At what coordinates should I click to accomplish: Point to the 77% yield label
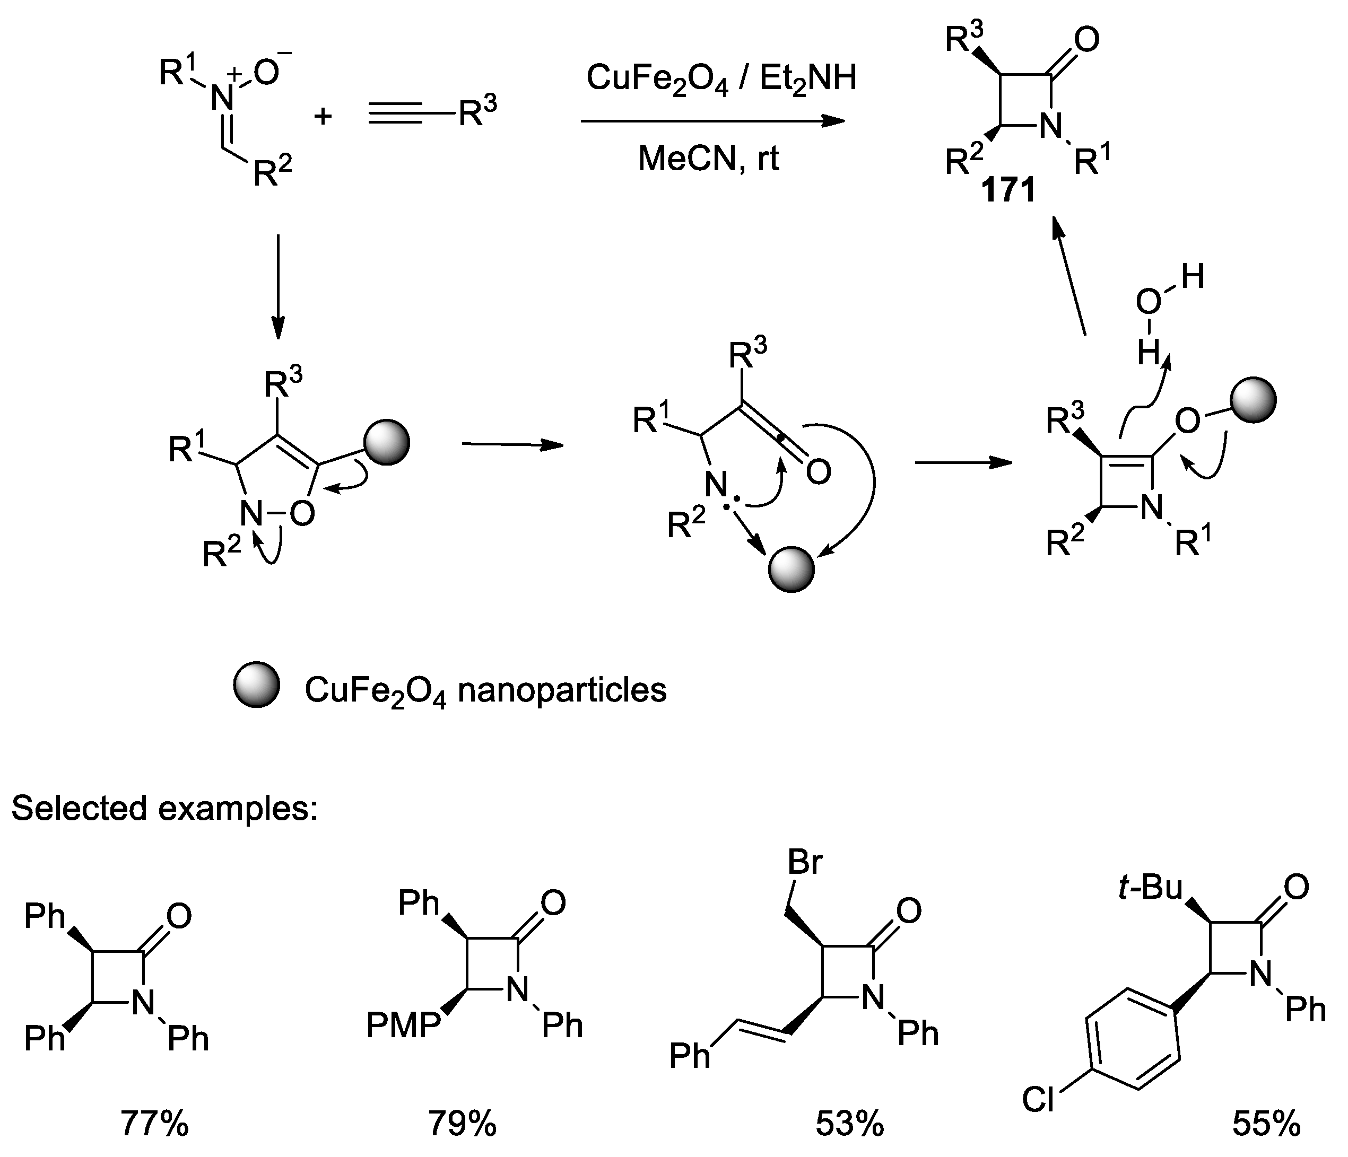click(x=154, y=1123)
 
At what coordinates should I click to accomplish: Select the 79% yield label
click(x=462, y=1123)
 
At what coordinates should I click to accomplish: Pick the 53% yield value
click(x=850, y=1123)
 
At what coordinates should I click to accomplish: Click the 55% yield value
click(x=1266, y=1123)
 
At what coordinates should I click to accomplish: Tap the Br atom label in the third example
click(x=805, y=862)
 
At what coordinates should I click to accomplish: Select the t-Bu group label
click(x=1150, y=888)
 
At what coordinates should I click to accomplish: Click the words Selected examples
click(x=164, y=809)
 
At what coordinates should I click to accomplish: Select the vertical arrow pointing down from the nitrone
click(x=279, y=286)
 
